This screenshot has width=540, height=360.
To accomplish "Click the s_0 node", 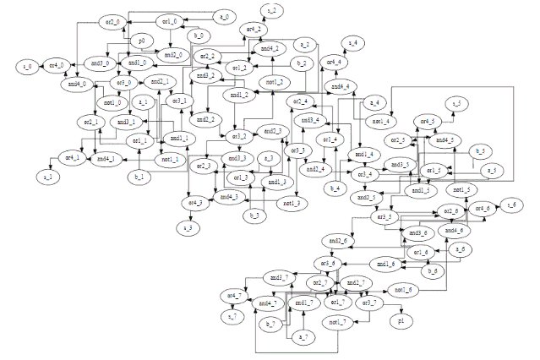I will pyautogui.click(x=27, y=64).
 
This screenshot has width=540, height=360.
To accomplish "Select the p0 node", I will pyautogui.click(x=141, y=39).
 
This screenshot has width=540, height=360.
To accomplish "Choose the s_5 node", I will pyautogui.click(x=456, y=102).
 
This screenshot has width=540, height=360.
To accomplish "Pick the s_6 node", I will pyautogui.click(x=510, y=205).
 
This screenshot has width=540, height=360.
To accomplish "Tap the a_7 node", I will pyautogui.click(x=301, y=338).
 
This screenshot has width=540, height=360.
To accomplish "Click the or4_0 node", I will pyautogui.click(x=57, y=64).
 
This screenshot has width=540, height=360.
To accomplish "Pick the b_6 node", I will pyautogui.click(x=434, y=270).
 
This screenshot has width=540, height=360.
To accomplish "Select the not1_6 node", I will pyautogui.click(x=403, y=290).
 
